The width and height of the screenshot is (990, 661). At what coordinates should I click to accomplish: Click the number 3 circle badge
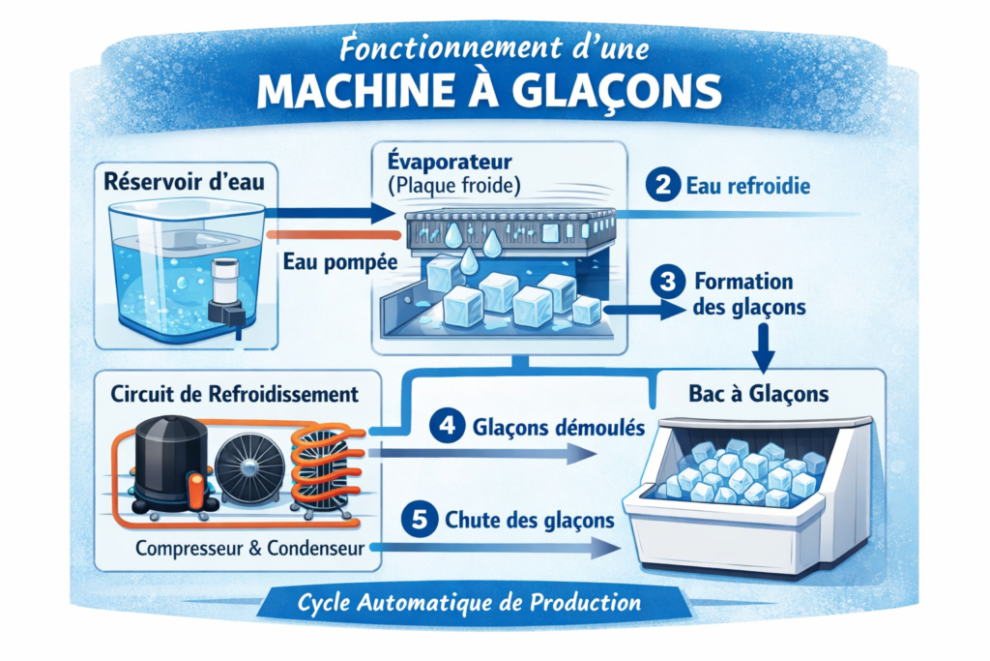coord(668,283)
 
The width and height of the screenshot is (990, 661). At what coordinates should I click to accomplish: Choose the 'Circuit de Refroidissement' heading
coord(236,395)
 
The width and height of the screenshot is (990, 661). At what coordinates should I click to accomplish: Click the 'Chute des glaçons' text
coord(530,520)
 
